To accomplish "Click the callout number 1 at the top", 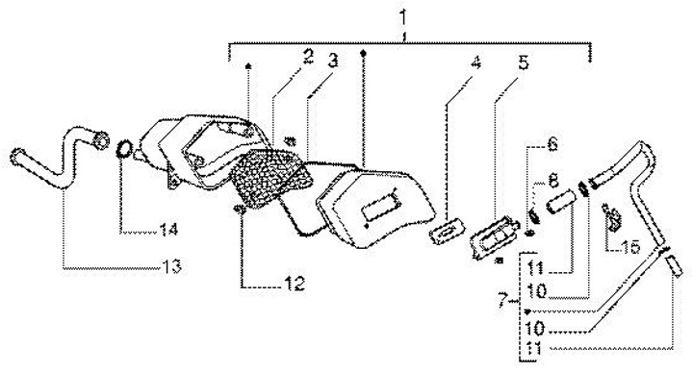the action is pos(403,18).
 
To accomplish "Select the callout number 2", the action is pos(307,57).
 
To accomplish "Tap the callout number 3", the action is pos(333,61).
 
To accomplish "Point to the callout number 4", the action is pos(475,62).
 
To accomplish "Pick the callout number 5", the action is pos(523,62).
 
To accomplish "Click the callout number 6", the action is pos(552,145).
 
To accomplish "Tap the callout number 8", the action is pos(552,181).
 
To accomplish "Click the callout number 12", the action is pos(295,283).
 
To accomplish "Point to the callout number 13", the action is pos(171,266).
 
